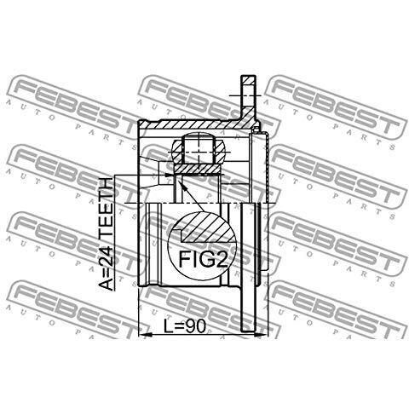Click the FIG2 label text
pyautogui.click(x=203, y=259)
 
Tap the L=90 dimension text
pyautogui.click(x=185, y=326)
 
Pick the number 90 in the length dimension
pyautogui.click(x=196, y=326)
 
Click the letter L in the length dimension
pyautogui.click(x=168, y=326)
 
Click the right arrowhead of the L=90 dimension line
pyautogui.click(x=262, y=336)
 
